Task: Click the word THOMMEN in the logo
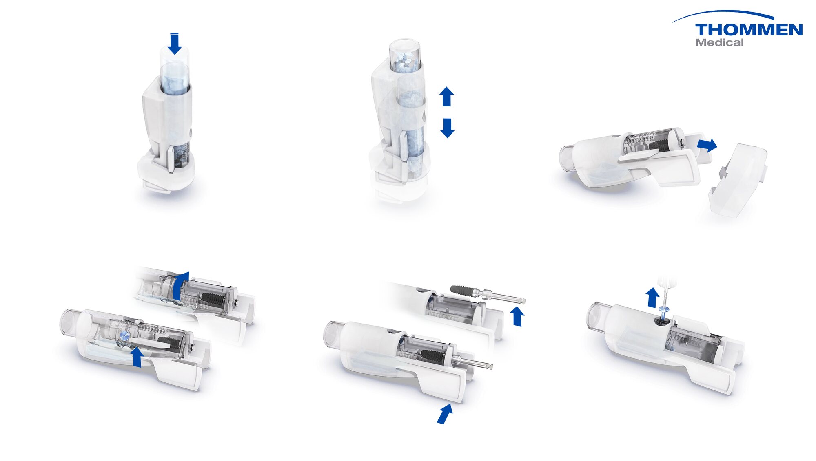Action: pyautogui.click(x=749, y=30)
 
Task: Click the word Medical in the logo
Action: pyautogui.click(x=719, y=42)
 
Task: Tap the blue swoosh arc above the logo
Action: pyautogui.click(x=723, y=15)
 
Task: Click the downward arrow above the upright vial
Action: pyautogui.click(x=175, y=43)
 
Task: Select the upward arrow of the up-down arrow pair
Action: pyautogui.click(x=447, y=97)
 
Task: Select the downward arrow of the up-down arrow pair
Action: pyautogui.click(x=447, y=128)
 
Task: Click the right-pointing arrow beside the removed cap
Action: pyautogui.click(x=707, y=145)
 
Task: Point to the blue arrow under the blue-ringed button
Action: pyautogui.click(x=137, y=357)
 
